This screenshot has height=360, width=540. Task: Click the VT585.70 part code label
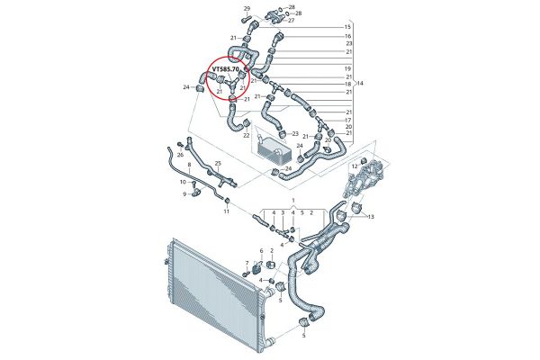pos(225,68)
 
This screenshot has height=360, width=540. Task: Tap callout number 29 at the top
pos(247,9)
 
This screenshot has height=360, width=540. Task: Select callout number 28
pos(290,6)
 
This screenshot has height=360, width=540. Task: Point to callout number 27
pos(290,20)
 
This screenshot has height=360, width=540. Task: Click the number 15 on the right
pos(347,28)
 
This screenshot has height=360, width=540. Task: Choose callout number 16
pos(347,36)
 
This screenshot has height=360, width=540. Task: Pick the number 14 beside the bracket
pos(360,83)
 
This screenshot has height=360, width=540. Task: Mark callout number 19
pos(347,68)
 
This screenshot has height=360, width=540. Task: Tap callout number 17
pos(347,120)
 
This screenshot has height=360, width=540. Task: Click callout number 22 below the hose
pos(247,136)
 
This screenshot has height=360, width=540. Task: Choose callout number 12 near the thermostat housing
pos(355,166)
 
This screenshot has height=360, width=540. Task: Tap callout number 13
pos(371,217)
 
